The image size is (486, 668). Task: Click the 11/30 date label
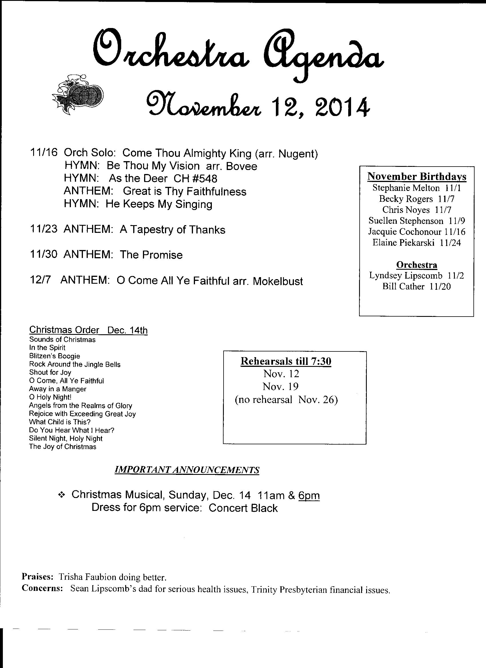click(x=43, y=255)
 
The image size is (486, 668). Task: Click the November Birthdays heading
click(x=417, y=176)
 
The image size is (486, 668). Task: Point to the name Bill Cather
click(x=403, y=286)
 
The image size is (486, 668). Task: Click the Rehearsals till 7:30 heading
click(x=286, y=361)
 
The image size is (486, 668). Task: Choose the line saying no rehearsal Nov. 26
click(x=286, y=400)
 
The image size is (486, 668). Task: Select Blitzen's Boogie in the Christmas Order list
click(x=55, y=356)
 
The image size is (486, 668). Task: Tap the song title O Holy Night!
click(x=50, y=397)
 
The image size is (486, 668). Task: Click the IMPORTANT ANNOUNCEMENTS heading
click(x=187, y=470)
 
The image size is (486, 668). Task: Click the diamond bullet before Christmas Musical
click(x=61, y=495)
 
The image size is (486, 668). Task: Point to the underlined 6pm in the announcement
click(x=309, y=495)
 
